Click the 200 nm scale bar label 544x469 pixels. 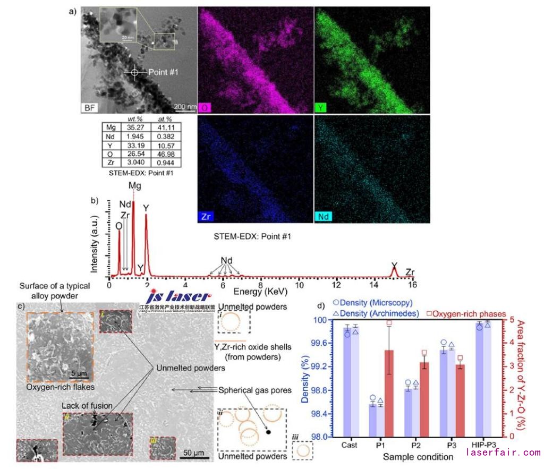185,106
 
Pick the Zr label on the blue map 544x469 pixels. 207,217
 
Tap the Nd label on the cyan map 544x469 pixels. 324,217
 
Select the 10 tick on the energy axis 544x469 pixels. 298,285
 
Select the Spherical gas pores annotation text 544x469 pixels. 255,390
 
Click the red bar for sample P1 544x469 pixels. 389,393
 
